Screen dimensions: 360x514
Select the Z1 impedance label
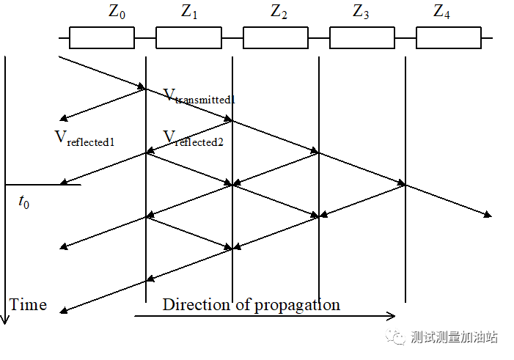190,12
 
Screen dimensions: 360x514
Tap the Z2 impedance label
279,12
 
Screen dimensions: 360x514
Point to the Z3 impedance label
361,12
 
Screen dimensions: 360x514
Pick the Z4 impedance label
442,12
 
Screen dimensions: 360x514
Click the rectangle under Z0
102,37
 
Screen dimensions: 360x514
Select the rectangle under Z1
188,37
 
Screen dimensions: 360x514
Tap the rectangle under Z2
275,37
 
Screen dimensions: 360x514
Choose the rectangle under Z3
361,37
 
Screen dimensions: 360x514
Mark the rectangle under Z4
448,37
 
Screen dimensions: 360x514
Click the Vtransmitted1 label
199,96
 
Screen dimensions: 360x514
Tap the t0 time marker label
24,202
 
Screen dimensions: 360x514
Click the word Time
29,304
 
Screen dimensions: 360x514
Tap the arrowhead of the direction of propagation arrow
392,317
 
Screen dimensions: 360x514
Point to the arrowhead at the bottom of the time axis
5,320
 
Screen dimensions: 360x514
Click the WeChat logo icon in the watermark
397,337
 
